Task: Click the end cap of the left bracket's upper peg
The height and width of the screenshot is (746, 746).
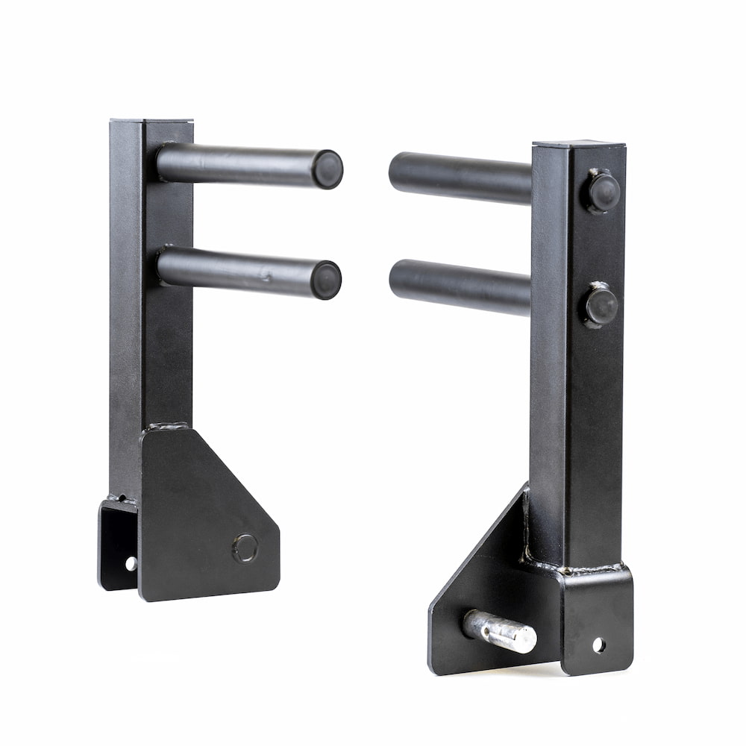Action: pos(327,169)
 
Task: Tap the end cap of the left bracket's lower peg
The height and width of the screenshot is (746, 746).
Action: pos(326,280)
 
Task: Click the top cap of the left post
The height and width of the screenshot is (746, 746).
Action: pos(151,121)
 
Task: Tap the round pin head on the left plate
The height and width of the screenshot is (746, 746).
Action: pos(245,548)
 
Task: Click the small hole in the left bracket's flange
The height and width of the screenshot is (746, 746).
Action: pos(131,563)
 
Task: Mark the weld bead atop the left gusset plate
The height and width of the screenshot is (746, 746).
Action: pos(167,427)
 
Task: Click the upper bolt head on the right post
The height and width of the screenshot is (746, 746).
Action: pos(601,192)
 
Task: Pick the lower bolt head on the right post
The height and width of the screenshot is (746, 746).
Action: pos(601,305)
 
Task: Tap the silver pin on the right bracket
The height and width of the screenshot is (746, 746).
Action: pos(500,631)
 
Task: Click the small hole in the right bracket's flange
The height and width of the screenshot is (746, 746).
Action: pos(598,645)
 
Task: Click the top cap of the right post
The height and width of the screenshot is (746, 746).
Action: pos(579,143)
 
